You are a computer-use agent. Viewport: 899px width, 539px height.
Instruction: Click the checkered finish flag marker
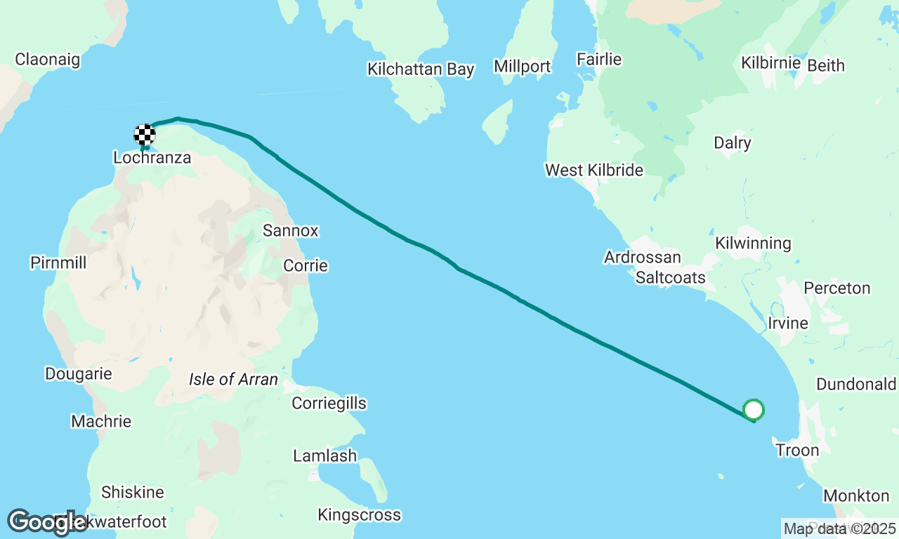coord(145,134)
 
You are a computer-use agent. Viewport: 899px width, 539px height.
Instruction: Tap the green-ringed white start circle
coord(753,409)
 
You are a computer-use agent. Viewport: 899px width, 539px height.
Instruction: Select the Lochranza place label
coord(152,158)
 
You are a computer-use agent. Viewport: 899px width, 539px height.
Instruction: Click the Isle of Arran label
coord(233,380)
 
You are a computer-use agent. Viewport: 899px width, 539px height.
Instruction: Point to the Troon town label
coord(797,450)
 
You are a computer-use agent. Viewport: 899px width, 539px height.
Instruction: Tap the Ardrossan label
coord(643,258)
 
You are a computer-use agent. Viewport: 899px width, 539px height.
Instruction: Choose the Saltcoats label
coord(671,278)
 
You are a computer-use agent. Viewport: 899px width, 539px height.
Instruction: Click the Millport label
coord(522,67)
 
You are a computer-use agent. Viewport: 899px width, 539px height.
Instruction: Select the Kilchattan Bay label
coord(421,69)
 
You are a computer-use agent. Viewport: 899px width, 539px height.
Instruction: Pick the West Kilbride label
coord(594,171)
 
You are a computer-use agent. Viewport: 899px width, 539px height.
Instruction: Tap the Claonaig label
coord(48,60)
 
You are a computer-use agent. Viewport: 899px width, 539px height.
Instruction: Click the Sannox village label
coord(291,230)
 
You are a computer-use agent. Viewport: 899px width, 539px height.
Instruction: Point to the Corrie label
coord(306,266)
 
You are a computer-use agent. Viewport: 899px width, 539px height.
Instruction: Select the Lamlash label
coord(325,455)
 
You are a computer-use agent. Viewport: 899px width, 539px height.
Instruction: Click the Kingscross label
coord(360,515)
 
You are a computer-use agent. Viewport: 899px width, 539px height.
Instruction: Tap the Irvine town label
coord(788,324)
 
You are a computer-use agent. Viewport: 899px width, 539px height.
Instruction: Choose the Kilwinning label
coord(753,244)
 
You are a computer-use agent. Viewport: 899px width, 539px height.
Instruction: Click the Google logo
coord(46,522)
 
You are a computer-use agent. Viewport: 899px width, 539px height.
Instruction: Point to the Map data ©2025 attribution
coord(840,528)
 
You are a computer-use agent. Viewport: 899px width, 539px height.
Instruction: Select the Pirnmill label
coord(58,262)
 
